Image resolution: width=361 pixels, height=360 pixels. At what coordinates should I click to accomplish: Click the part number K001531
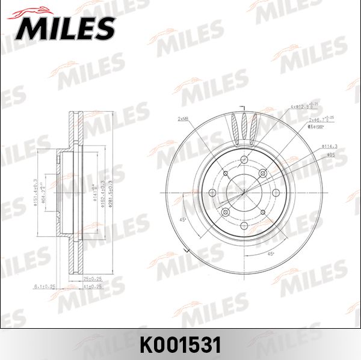(x=180, y=344)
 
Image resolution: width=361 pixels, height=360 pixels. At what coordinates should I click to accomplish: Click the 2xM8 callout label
(x=183, y=119)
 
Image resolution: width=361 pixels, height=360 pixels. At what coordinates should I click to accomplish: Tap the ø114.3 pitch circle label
(x=330, y=146)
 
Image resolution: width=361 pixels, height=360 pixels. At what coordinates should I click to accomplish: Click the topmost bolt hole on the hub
(x=243, y=159)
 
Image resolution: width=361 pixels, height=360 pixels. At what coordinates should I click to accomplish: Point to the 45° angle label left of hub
(x=183, y=219)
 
